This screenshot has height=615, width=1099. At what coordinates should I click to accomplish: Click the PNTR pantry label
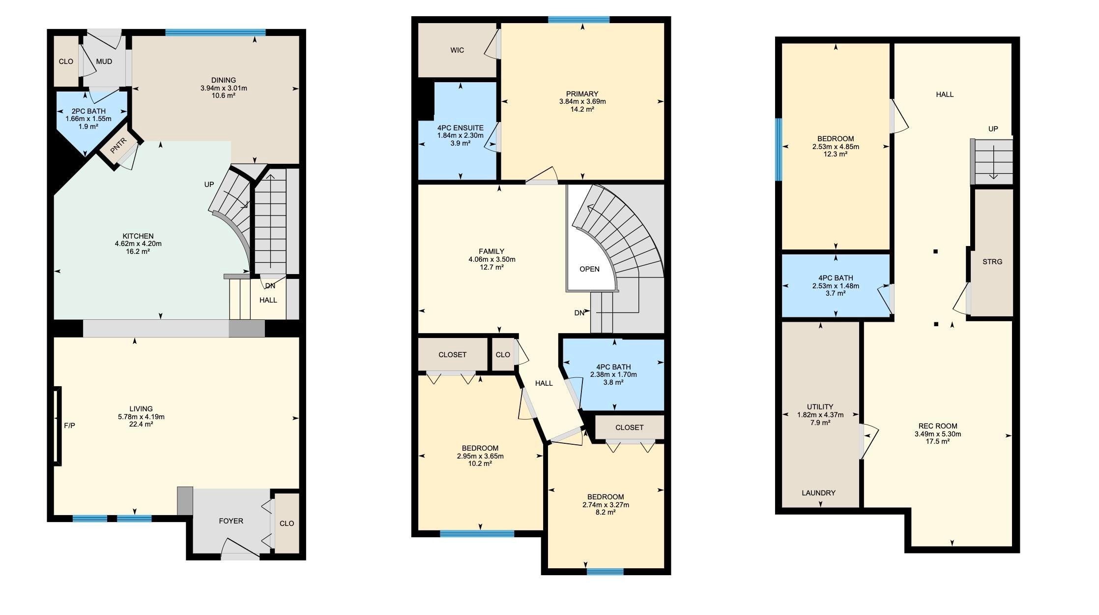(x=118, y=146)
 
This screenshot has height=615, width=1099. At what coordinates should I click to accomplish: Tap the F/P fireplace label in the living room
(x=70, y=425)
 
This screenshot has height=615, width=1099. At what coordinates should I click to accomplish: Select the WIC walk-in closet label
(x=457, y=50)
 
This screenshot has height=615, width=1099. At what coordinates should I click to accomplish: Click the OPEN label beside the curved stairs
(x=589, y=269)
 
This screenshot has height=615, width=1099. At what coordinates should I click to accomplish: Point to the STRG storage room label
(x=992, y=262)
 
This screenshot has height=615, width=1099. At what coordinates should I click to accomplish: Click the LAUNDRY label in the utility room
(x=819, y=493)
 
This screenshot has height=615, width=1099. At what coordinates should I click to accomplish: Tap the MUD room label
(x=104, y=61)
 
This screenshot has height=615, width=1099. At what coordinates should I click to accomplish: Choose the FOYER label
(x=231, y=521)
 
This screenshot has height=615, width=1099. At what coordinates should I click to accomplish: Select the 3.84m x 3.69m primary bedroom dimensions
(x=582, y=102)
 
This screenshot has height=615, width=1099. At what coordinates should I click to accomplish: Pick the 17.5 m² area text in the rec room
(x=938, y=442)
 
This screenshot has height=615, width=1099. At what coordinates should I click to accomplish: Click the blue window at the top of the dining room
(x=215, y=32)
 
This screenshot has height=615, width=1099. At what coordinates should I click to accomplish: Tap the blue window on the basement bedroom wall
(x=779, y=150)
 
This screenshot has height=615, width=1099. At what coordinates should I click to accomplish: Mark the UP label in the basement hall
(x=993, y=129)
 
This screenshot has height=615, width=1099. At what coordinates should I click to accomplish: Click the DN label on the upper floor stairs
(x=579, y=313)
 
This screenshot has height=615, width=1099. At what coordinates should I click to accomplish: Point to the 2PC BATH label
(x=88, y=111)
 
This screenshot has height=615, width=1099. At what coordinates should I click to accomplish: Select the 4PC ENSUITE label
(x=461, y=128)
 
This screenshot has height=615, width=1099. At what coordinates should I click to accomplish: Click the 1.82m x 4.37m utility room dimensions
(x=820, y=415)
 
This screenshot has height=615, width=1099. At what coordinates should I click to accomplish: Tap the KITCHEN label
(x=138, y=236)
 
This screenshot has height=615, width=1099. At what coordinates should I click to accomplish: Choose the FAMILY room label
(x=492, y=252)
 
